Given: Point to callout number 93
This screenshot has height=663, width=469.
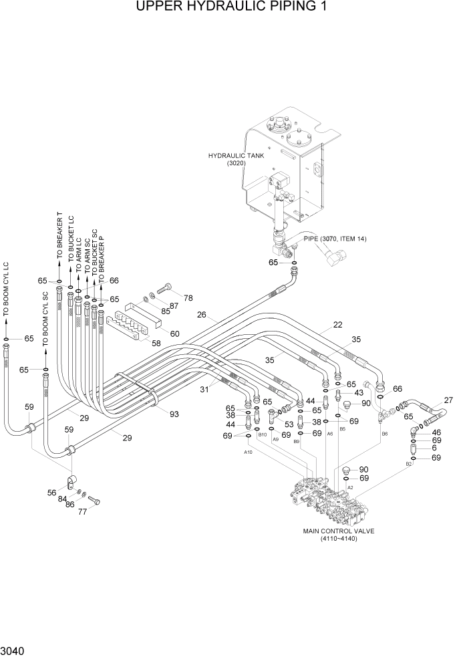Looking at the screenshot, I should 174,414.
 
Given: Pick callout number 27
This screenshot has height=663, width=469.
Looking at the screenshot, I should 448,400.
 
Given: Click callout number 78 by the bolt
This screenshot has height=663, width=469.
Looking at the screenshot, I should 188,297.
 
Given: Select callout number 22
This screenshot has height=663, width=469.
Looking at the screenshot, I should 338,325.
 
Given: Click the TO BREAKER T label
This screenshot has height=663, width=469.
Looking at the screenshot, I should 59,237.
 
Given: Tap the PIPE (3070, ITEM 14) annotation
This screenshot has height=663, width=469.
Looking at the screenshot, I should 335,239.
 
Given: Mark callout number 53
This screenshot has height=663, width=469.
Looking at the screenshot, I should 289,424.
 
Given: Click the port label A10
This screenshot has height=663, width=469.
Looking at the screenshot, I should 248,452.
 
